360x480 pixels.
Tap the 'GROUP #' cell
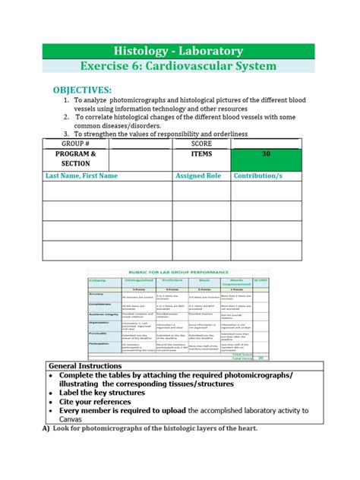[x=76, y=143]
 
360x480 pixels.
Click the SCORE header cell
[x=202, y=143]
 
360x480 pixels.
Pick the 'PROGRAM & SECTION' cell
[x=76, y=159]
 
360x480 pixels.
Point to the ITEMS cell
[x=202, y=154]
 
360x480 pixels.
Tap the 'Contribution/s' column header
[x=258, y=175]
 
